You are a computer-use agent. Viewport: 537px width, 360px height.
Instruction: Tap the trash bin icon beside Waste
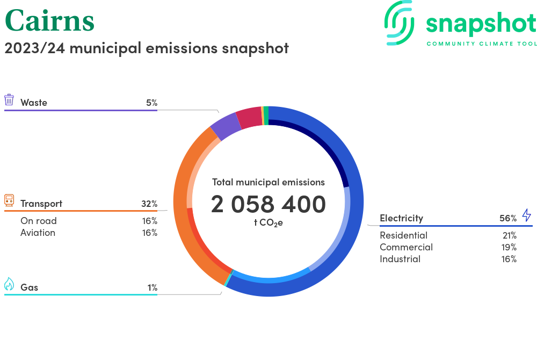(9, 100)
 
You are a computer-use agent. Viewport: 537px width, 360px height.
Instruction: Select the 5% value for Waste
(151, 103)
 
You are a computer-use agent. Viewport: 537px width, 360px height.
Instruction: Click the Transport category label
(41, 204)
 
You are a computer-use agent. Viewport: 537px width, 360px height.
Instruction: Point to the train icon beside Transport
(9, 201)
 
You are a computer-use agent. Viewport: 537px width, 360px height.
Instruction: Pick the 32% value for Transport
(149, 204)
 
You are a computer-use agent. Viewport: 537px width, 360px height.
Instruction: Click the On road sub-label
(38, 221)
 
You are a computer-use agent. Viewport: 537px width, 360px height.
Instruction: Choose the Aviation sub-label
(38, 233)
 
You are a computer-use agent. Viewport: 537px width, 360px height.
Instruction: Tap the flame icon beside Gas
(9, 284)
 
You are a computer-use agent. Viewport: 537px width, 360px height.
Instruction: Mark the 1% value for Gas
(152, 287)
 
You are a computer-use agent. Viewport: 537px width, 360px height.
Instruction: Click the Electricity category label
(401, 218)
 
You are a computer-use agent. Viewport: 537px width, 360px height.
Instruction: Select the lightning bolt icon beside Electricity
(526, 215)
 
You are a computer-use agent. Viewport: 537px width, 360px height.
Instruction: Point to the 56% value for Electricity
(507, 218)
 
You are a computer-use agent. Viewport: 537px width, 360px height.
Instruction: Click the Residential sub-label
(403, 235)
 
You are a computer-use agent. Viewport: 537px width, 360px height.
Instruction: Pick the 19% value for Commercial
(509, 247)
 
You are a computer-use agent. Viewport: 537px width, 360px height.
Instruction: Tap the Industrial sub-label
(400, 259)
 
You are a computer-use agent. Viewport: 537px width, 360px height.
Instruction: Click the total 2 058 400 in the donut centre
(268, 205)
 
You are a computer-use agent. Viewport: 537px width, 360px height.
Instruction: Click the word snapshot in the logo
(481, 24)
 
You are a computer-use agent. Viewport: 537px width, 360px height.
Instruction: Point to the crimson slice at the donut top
(249, 118)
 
